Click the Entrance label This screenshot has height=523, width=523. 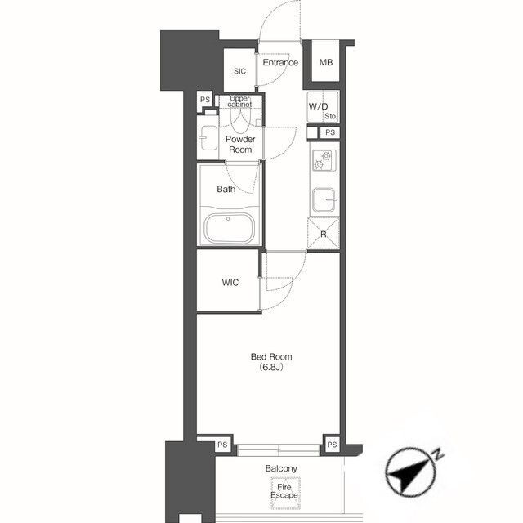pos(280,62)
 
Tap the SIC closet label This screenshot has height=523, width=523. pos(239,71)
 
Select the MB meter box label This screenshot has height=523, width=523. pos(326,62)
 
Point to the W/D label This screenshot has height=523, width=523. pos(318,107)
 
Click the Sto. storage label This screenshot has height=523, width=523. pos(331,116)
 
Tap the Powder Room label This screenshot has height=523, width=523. pos(240,145)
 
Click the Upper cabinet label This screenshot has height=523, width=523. pos(239,101)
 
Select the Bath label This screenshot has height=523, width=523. pos(226,189)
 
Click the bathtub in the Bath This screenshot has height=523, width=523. pos(229,229)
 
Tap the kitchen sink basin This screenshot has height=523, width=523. pos(324,199)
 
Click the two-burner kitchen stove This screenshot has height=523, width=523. pos(324,160)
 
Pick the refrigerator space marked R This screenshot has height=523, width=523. pos(324,234)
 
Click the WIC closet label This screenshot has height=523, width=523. pos(230,283)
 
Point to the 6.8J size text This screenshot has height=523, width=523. pos(271,367)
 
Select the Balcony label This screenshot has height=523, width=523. pos(281,468)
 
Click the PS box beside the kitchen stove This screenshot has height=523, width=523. pos(330,132)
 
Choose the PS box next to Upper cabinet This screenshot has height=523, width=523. pos(205,100)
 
